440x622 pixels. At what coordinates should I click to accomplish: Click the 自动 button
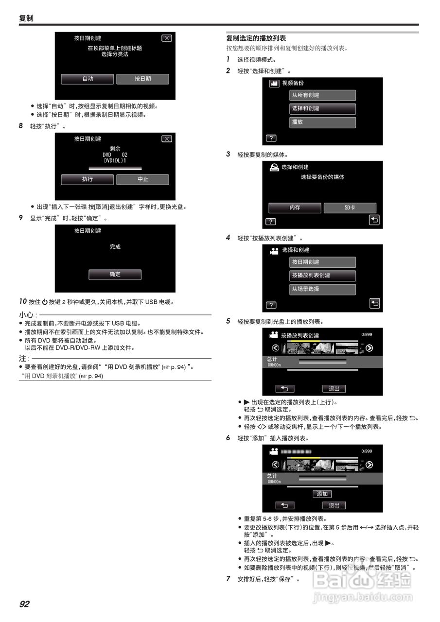[88, 79]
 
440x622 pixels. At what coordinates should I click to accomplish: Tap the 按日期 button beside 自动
[142, 79]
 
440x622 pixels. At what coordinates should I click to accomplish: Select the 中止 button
[142, 179]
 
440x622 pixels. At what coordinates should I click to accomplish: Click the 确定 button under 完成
[115, 275]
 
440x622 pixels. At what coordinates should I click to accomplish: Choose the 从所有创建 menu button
[322, 95]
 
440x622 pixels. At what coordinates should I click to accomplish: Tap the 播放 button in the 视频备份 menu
[322, 122]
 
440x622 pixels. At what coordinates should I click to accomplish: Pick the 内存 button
[295, 208]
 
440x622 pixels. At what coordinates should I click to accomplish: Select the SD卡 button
[350, 208]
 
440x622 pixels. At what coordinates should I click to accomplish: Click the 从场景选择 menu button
[322, 289]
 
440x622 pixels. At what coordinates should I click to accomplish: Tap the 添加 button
[322, 494]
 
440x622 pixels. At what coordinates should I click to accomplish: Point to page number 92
[24, 604]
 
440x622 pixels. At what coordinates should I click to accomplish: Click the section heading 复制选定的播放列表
[256, 38]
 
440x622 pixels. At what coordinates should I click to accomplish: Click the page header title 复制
[26, 18]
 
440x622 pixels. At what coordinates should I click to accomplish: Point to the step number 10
[23, 301]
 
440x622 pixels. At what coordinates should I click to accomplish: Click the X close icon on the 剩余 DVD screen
[166, 139]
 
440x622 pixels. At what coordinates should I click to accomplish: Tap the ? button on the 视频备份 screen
[271, 138]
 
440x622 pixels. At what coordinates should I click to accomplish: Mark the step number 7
[228, 578]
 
